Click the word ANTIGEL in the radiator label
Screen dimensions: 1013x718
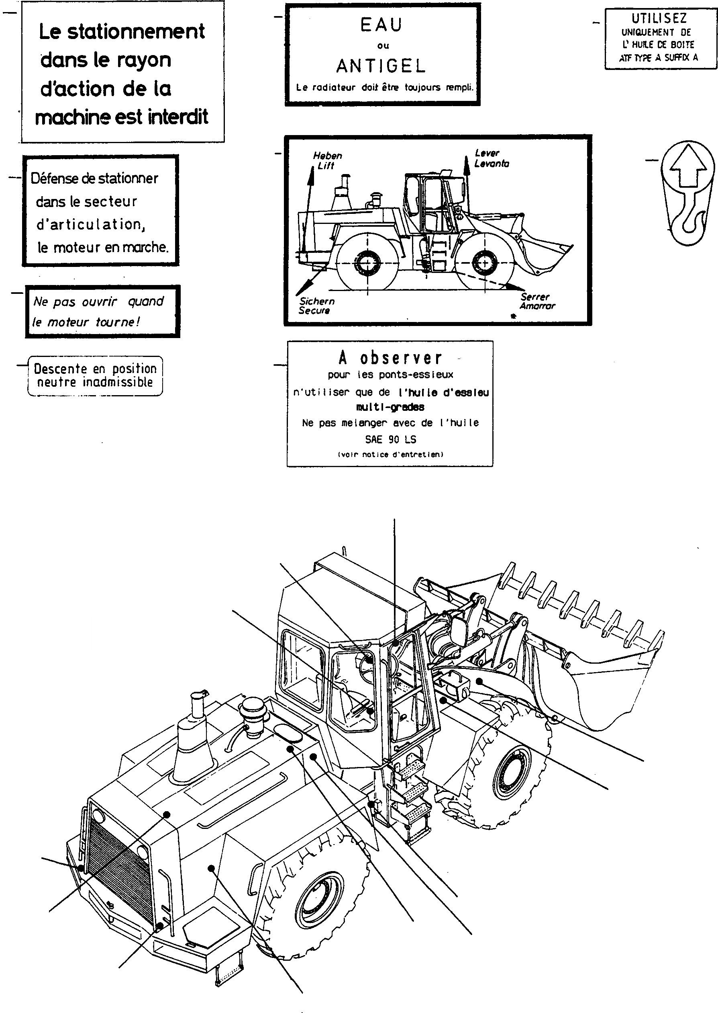381,66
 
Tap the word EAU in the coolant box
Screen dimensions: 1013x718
381,25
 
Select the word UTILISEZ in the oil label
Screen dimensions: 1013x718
659,18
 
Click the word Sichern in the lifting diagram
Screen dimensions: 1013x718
317,301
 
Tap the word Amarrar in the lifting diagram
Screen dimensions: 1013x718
537,306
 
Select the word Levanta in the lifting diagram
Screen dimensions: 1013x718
492,163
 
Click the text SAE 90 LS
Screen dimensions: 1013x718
390,439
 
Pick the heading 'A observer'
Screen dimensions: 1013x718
390,358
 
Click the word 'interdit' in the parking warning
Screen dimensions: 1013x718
178,117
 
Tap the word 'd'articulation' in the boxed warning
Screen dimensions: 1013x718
91,224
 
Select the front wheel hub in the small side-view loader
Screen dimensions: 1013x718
484,263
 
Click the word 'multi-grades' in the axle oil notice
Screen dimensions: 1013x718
390,407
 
